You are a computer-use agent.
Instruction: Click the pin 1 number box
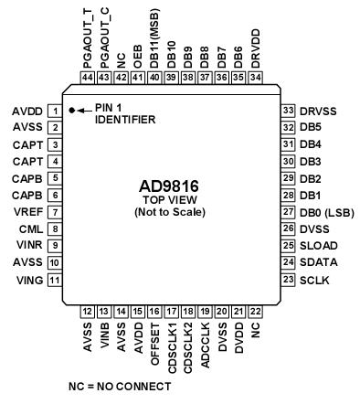(x=55, y=111)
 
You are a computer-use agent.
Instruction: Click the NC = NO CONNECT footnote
(x=120, y=386)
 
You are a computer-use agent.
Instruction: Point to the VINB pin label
(x=105, y=337)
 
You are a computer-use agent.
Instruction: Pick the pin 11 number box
(x=55, y=281)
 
